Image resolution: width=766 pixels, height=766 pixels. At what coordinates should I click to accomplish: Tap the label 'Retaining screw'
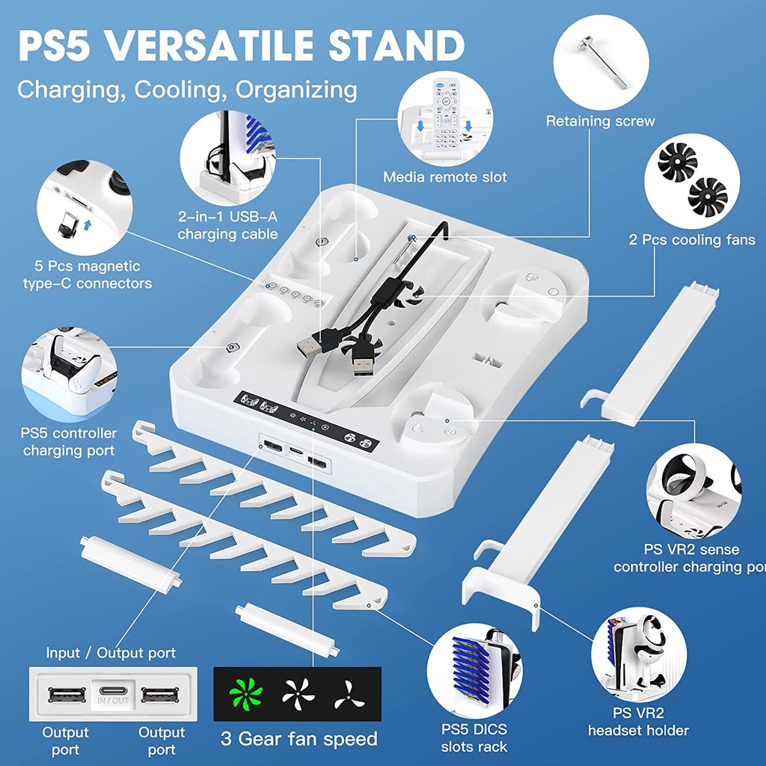click(x=600, y=121)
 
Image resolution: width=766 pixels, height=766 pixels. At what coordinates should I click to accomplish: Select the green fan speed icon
click(x=246, y=696)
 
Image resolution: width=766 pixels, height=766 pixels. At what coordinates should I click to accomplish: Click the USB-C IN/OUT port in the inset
click(x=112, y=695)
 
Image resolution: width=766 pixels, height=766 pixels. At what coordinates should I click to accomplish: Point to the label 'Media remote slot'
click(x=444, y=177)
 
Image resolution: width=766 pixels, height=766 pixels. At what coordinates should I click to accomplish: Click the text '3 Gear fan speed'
click(x=298, y=739)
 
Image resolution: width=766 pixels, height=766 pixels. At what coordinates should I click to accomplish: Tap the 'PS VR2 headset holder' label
click(x=638, y=721)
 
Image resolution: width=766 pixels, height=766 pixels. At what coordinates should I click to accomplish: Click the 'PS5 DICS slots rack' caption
click(x=474, y=737)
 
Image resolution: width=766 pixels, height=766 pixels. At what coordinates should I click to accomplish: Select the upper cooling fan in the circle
click(x=676, y=163)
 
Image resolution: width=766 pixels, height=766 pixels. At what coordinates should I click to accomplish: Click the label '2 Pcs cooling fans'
click(x=692, y=240)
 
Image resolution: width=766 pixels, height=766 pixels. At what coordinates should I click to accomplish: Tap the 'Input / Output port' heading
click(x=111, y=653)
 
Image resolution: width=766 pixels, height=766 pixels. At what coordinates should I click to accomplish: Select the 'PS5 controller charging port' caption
click(x=69, y=441)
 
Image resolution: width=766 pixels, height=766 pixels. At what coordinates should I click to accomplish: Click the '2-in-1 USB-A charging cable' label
click(x=228, y=225)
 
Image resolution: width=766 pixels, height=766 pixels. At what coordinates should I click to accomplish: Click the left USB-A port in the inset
click(x=61, y=695)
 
